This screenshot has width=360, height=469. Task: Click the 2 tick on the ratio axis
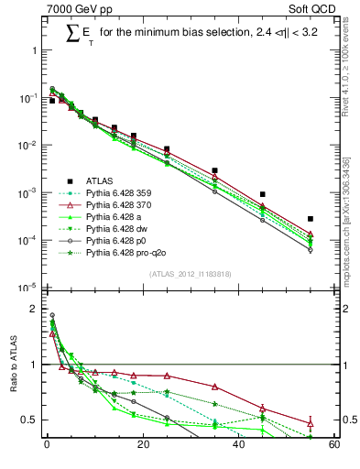(37, 310)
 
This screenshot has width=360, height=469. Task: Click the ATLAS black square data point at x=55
(311, 219)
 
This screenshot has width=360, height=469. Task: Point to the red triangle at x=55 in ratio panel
(311, 423)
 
